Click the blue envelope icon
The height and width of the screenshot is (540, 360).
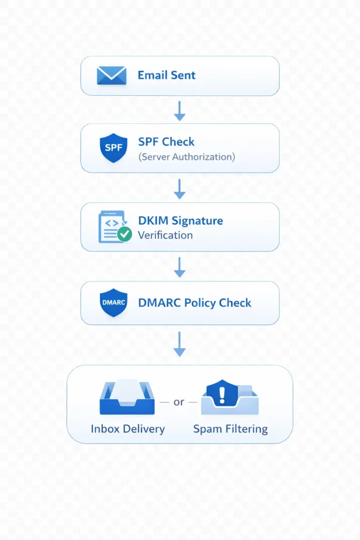(x=112, y=75)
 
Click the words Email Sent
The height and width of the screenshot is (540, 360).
(x=166, y=75)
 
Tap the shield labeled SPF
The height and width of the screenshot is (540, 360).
(x=114, y=148)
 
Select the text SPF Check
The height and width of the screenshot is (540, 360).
(x=166, y=142)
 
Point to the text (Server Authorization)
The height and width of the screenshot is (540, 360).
(x=187, y=157)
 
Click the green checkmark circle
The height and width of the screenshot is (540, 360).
(x=124, y=234)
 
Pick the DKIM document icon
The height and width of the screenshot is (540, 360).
(x=111, y=226)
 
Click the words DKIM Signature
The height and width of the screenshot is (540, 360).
(x=180, y=220)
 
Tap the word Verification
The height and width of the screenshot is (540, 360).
(x=165, y=235)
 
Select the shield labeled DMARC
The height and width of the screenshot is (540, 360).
(x=114, y=303)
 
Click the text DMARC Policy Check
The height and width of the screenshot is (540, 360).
(x=195, y=303)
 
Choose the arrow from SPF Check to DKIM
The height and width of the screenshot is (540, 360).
(x=180, y=188)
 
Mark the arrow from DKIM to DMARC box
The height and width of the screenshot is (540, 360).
(x=180, y=266)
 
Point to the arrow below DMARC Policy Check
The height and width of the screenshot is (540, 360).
(x=180, y=345)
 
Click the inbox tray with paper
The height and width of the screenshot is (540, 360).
(x=127, y=398)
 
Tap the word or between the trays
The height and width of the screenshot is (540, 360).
(x=179, y=402)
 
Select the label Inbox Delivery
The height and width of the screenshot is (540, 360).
(x=127, y=428)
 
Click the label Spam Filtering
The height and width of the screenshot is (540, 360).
(x=230, y=428)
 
